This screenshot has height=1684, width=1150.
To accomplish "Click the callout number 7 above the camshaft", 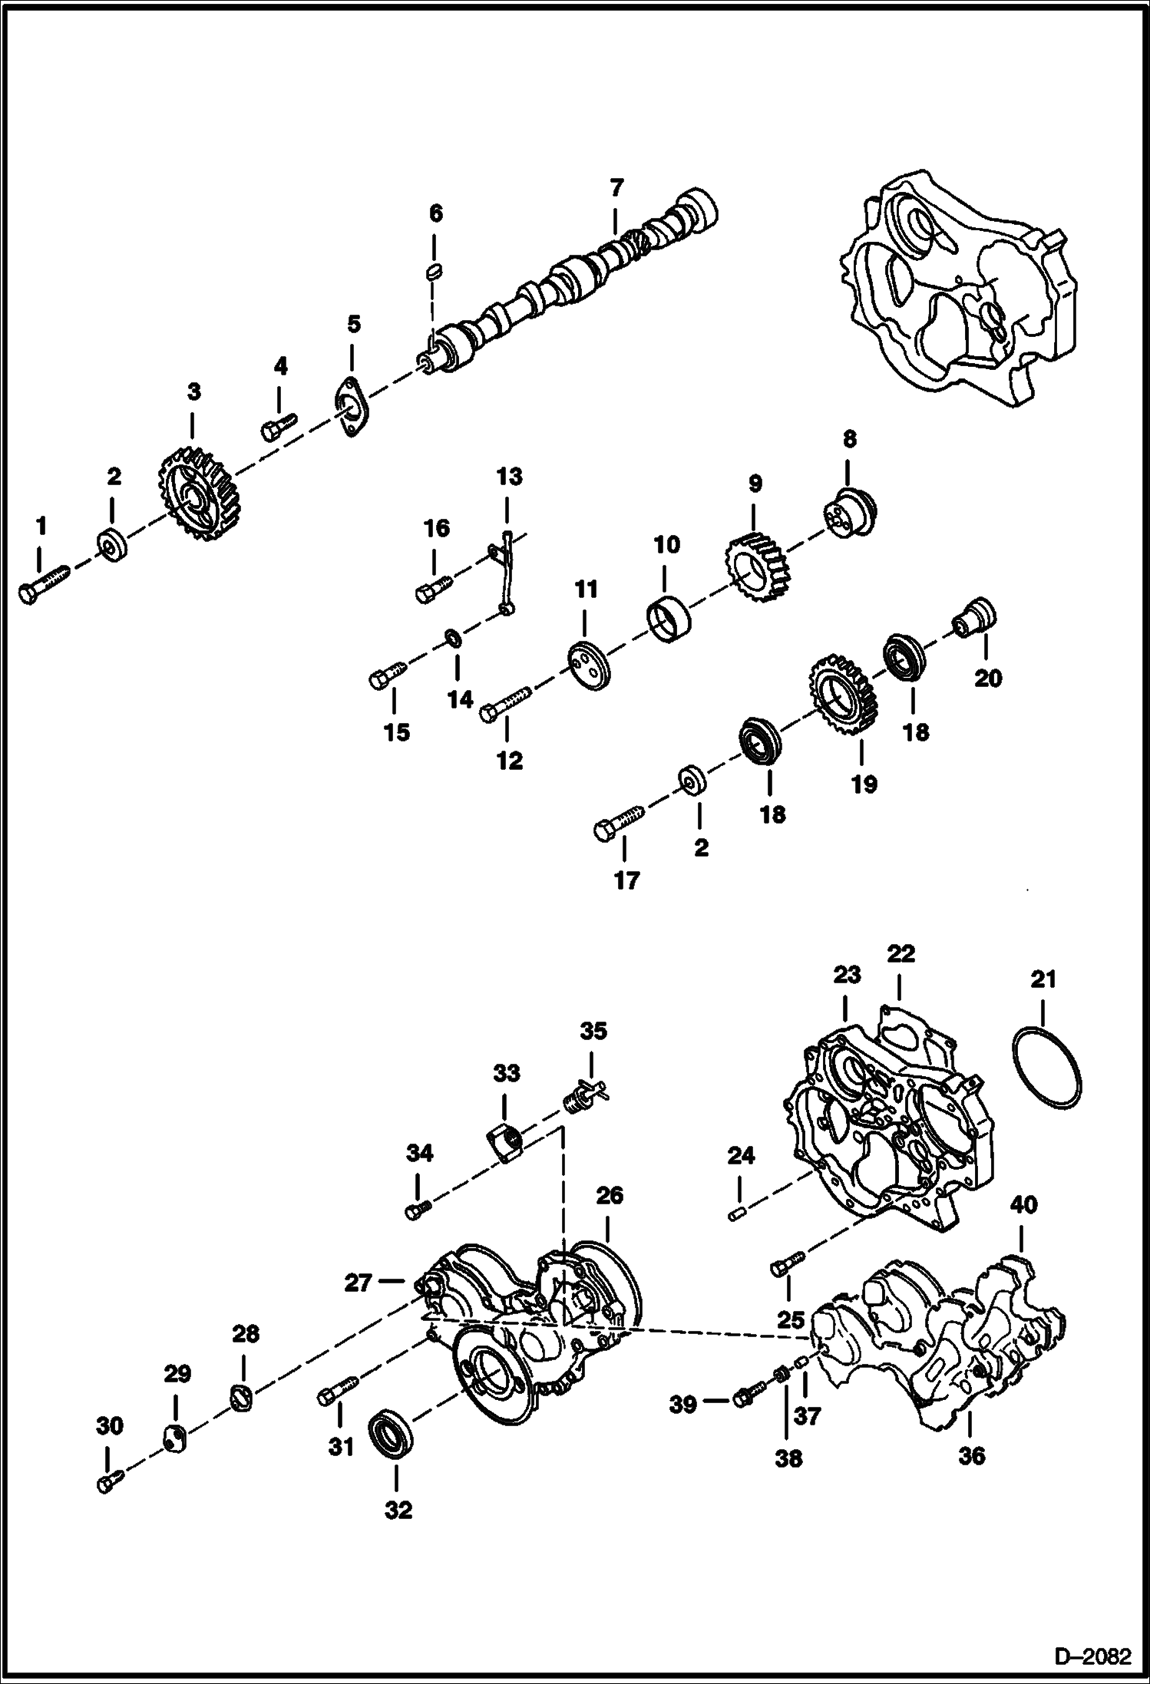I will tap(616, 188).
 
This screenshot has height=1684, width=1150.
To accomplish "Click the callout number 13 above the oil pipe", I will tap(509, 477).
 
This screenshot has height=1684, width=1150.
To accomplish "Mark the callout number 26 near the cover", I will tap(610, 1196).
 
